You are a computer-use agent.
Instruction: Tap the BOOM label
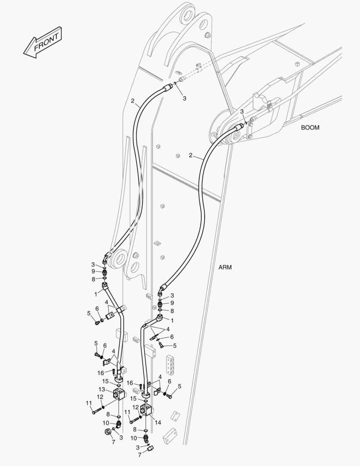(310, 127)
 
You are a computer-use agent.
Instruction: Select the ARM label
(225, 267)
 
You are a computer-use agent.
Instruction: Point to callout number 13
(102, 389)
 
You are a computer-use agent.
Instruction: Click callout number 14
(158, 422)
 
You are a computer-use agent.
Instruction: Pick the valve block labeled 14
(147, 409)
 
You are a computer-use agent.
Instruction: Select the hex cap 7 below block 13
(107, 431)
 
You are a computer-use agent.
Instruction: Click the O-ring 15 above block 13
(118, 385)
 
